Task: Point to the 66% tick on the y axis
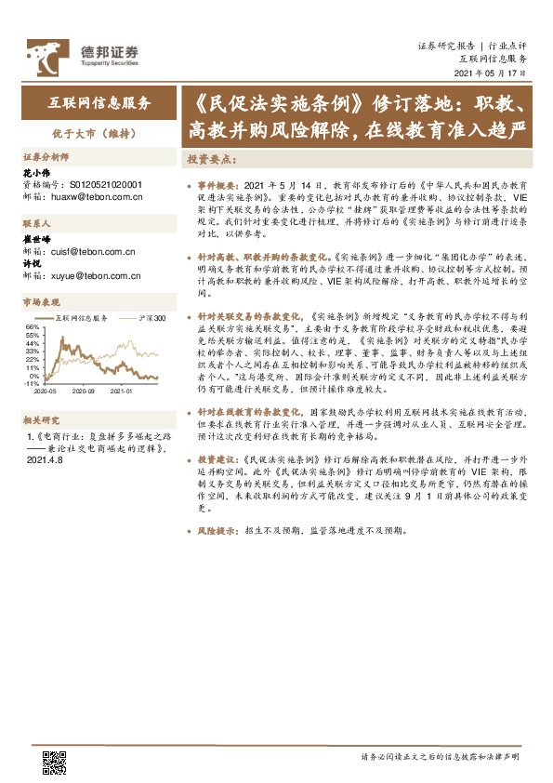coord(32,327)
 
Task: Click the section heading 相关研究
coord(42,419)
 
